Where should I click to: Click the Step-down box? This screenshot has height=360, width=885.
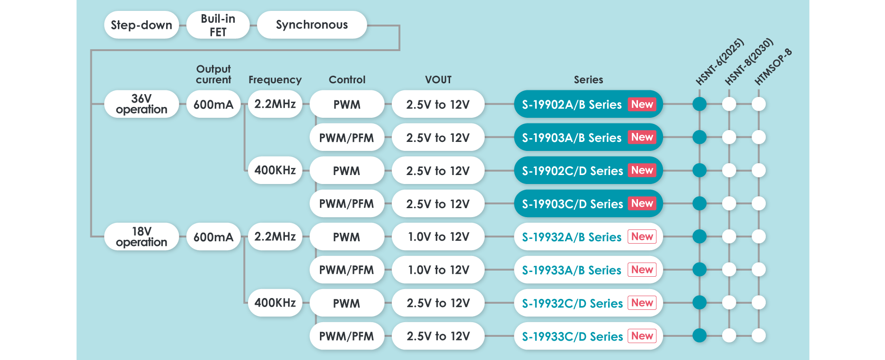click(x=142, y=25)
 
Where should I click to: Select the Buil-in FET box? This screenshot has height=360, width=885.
click(x=218, y=25)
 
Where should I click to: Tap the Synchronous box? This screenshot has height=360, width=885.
click(x=312, y=25)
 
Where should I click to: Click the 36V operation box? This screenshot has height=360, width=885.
click(x=142, y=104)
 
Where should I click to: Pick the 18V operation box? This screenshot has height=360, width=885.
click(x=142, y=237)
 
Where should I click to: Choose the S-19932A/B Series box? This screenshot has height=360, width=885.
click(x=572, y=237)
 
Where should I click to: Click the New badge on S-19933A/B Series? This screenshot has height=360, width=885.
click(x=642, y=270)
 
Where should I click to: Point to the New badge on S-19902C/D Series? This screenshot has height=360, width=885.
click(x=642, y=170)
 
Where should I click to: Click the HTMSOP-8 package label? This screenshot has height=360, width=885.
click(x=773, y=67)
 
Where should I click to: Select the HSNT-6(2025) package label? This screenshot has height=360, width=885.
click(x=720, y=62)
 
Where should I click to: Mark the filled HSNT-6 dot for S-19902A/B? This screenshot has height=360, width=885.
click(x=699, y=104)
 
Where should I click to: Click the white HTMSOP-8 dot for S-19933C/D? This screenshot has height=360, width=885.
click(x=759, y=335)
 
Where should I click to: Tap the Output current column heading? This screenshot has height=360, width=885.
click(x=213, y=74)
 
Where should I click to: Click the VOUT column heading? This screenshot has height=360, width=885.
click(x=438, y=79)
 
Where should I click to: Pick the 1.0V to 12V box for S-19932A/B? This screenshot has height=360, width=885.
click(x=438, y=237)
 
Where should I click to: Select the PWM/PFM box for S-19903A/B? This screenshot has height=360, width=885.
click(x=346, y=138)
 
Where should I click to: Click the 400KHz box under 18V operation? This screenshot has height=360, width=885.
click(x=275, y=303)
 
